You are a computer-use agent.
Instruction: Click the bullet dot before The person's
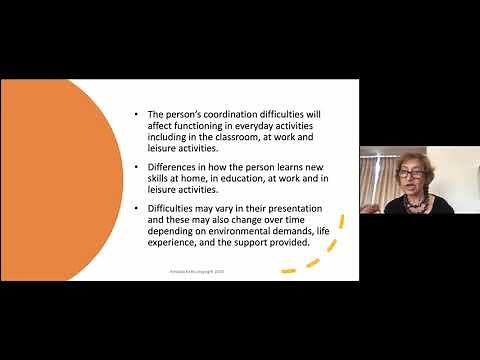coord(136,116)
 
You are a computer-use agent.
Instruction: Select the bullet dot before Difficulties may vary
coord(136,208)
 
